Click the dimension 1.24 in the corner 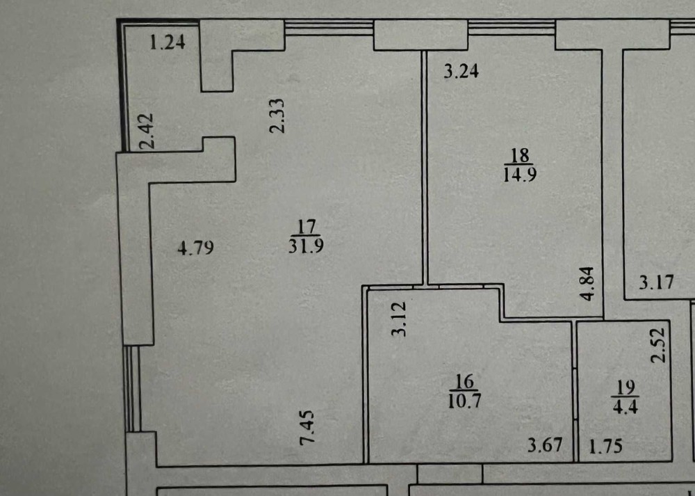tap(167, 42)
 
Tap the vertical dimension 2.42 tap(147, 131)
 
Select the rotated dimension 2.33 tap(277, 115)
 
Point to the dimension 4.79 tap(196, 248)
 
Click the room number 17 tap(306, 227)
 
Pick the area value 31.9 tap(306, 245)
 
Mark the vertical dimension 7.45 tap(307, 427)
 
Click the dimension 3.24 tap(461, 71)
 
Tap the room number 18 tap(520, 156)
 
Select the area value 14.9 tap(520, 175)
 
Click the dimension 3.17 tap(657, 282)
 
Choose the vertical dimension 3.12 tap(400, 319)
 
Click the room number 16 tap(464, 381)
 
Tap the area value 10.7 tap(464, 401)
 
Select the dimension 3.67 tap(545, 445)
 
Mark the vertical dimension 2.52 tap(659, 345)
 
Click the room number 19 tap(625, 387)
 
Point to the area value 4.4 tap(625, 407)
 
